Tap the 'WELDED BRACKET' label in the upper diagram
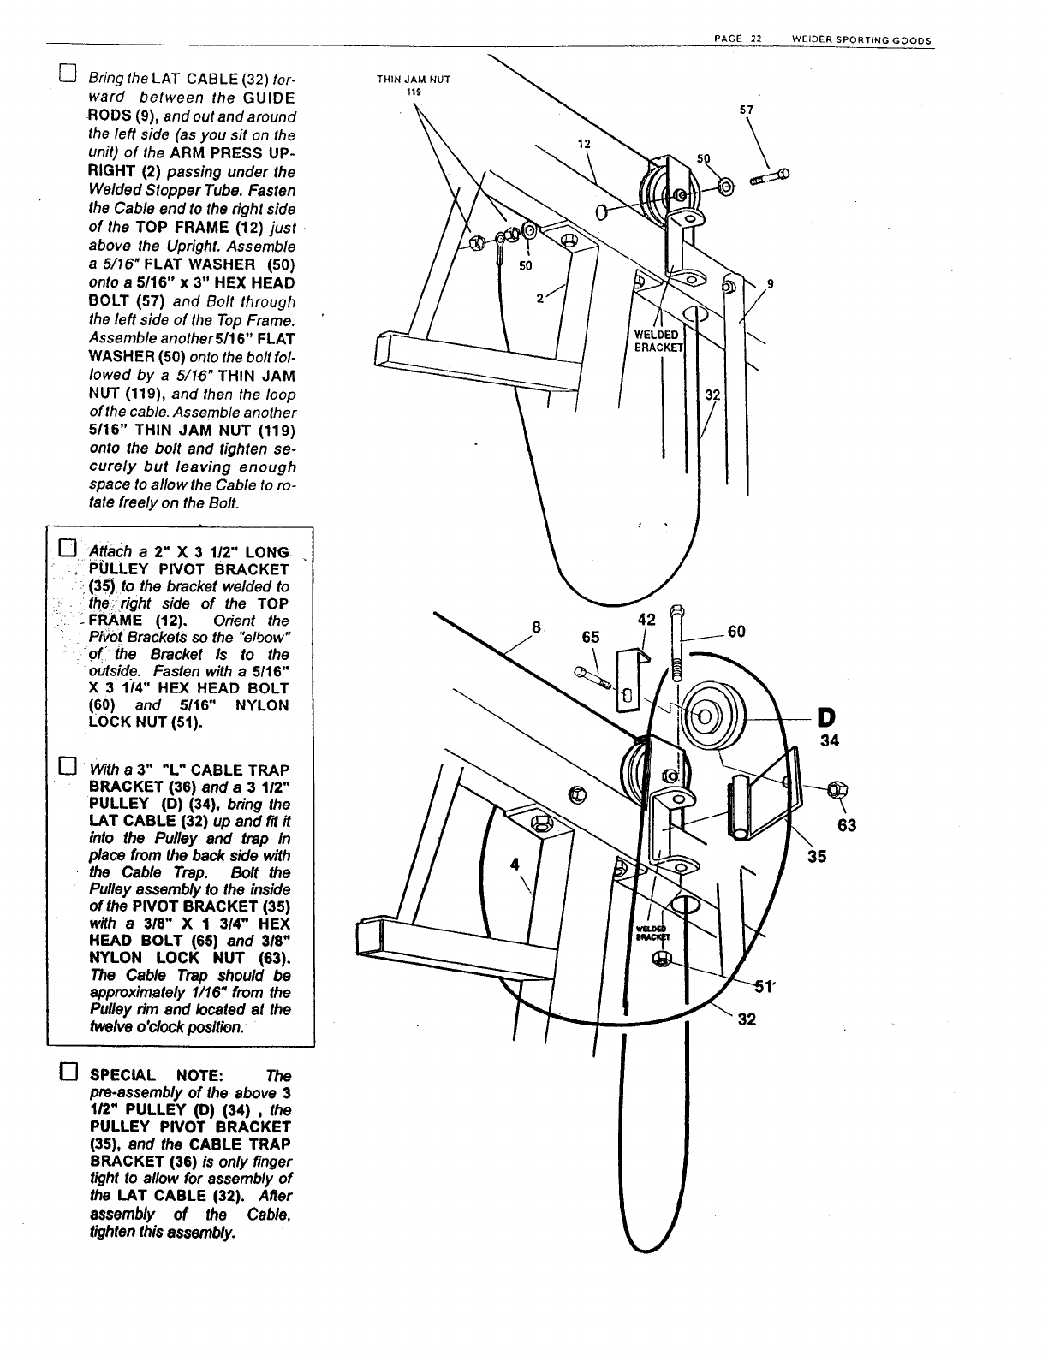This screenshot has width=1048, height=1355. point(656,340)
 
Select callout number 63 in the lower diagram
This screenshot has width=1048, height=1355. point(848,826)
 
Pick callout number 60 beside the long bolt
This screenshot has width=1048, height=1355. point(736,632)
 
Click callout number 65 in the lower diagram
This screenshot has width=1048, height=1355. point(591,638)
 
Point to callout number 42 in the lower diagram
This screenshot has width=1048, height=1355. point(647,620)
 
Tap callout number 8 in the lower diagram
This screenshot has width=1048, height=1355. point(537,627)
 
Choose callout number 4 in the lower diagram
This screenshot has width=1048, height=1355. point(515,865)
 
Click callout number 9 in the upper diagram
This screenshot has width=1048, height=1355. point(771,286)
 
